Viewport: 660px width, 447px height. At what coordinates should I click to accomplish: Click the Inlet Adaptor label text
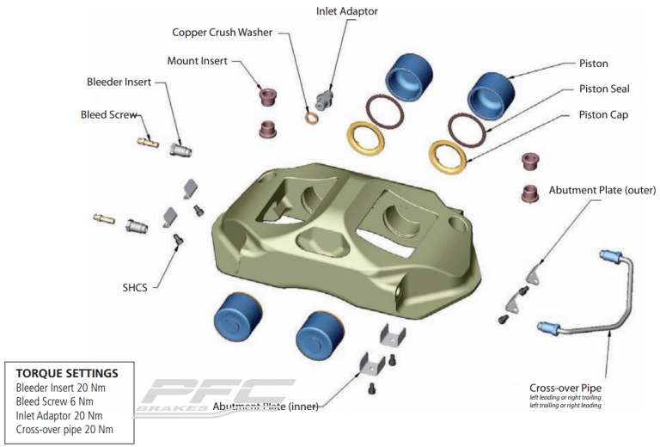pyautogui.click(x=346, y=11)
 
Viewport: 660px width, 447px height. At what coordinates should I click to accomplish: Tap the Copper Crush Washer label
pyautogui.click(x=222, y=33)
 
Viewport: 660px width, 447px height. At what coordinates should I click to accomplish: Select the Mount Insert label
pyautogui.click(x=199, y=61)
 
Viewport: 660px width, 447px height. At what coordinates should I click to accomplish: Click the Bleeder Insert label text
pyautogui.click(x=119, y=82)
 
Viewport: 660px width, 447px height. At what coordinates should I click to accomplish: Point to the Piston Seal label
pyautogui.click(x=604, y=89)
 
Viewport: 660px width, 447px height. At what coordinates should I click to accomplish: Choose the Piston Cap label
pyautogui.click(x=603, y=114)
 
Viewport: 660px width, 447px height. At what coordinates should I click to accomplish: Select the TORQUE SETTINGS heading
pyautogui.click(x=67, y=373)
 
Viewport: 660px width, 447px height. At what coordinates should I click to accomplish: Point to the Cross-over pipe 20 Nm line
pyautogui.click(x=64, y=429)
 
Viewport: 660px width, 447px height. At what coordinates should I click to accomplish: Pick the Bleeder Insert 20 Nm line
pyautogui.click(x=61, y=388)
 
